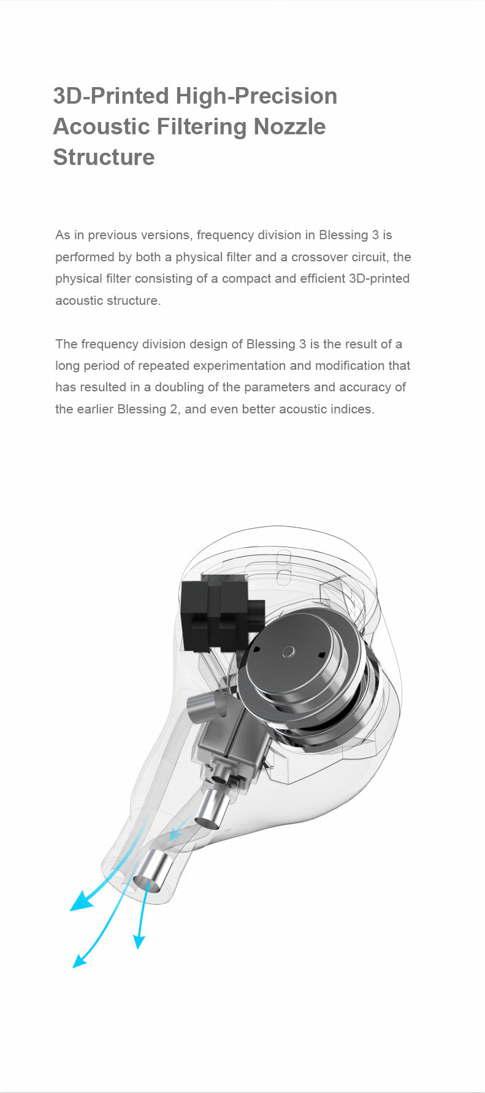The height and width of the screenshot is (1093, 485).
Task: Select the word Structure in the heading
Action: tap(104, 157)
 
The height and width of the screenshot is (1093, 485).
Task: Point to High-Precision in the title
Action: tap(256, 96)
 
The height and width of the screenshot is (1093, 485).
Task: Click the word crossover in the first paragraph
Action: tap(317, 257)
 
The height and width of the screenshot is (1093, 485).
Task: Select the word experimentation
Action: tap(239, 366)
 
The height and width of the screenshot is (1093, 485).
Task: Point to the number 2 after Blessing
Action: tap(173, 409)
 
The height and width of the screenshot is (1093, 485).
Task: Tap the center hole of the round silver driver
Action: tap(289, 651)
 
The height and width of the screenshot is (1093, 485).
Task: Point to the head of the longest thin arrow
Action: tap(78, 962)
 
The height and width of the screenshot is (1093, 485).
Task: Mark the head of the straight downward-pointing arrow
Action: tap(139, 942)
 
